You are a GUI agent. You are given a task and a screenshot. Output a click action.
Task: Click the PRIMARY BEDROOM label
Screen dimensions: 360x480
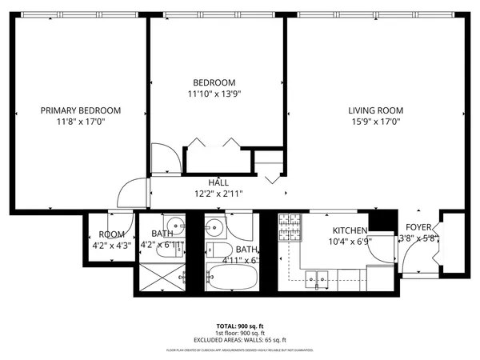pyautogui.click(x=81, y=110)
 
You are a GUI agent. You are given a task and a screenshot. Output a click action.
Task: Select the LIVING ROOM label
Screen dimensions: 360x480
pyautogui.click(x=374, y=110)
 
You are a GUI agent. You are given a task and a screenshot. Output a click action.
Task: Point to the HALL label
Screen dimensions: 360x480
pyautogui.click(x=218, y=182)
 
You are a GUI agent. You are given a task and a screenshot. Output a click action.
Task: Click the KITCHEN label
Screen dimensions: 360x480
pyautogui.click(x=349, y=230)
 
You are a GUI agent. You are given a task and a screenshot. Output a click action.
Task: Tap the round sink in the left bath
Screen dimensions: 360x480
pyautogui.click(x=174, y=225)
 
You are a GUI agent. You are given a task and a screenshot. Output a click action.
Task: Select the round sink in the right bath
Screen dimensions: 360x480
pyautogui.click(x=212, y=227)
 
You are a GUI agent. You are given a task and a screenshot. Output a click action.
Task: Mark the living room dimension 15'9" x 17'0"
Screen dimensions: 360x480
pyautogui.click(x=374, y=122)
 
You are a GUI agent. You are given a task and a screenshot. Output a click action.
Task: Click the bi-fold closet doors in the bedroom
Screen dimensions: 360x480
pyautogui.click(x=212, y=143)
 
